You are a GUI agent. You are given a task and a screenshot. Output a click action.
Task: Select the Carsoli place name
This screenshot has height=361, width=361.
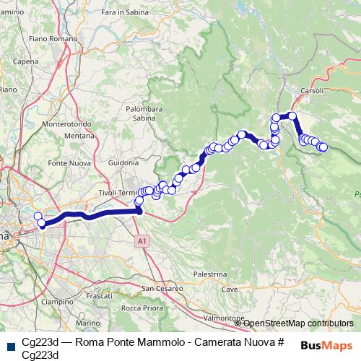312,92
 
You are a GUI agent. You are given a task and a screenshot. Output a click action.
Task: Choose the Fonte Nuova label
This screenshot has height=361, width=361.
67,163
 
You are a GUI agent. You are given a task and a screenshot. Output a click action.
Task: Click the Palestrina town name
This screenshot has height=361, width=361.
211,274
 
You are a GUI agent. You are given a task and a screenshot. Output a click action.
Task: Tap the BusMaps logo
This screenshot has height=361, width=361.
326,344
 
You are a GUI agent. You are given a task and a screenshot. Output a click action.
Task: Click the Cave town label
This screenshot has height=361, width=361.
230,289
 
